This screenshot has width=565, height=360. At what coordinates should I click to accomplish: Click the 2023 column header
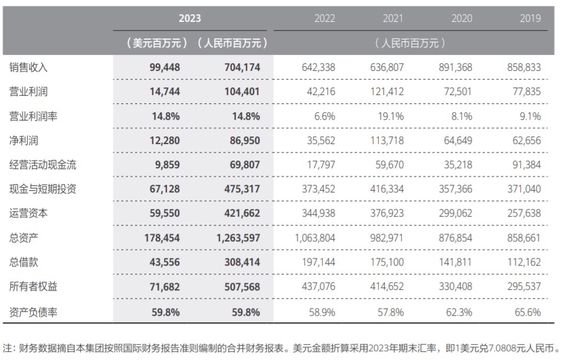pos(190,18)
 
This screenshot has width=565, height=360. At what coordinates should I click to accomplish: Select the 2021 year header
pos(393,18)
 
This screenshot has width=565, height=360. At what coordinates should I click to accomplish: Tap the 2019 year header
pos(530,18)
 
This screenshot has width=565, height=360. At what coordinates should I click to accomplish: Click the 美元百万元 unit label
pos(156,43)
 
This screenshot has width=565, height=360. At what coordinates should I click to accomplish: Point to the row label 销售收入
pos(28,67)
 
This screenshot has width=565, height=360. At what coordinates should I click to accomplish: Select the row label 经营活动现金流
pos(42,165)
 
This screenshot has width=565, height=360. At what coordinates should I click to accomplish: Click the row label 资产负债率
pos(33,312)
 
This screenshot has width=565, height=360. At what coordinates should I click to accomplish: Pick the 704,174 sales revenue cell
pos(242,67)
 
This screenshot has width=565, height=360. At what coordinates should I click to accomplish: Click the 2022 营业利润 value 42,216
pos(321,91)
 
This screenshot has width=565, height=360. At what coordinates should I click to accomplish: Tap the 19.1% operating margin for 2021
pos(390,116)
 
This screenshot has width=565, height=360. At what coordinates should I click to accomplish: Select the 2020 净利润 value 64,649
pos(458,140)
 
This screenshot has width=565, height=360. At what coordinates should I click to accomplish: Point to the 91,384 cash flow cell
pos(527,165)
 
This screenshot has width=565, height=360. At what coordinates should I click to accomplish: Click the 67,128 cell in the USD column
pos(165,189)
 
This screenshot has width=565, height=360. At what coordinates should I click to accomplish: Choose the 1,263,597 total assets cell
pos(238,238)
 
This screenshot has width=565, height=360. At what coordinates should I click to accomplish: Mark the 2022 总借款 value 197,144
pos(318,262)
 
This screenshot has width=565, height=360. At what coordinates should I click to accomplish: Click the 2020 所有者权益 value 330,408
pos(455,287)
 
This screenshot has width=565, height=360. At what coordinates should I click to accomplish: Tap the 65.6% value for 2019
pos(527,312)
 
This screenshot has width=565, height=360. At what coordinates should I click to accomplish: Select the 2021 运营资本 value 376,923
pos(387,213)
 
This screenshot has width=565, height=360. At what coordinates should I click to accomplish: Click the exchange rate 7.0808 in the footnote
pos(502,348)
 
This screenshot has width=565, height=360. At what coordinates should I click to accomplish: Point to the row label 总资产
pos(24,238)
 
